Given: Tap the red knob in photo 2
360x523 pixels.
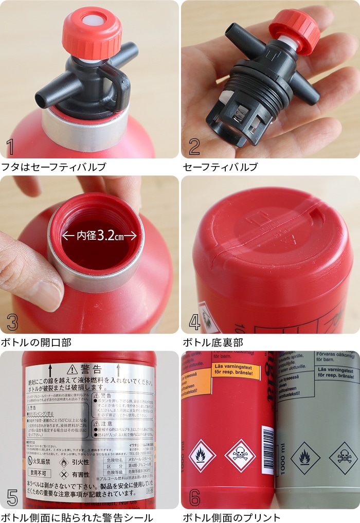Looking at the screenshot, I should (295, 31).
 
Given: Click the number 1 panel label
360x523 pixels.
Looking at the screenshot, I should (10, 147).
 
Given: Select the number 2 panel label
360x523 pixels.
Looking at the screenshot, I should (194, 147).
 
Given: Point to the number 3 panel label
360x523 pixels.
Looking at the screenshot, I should (12, 322).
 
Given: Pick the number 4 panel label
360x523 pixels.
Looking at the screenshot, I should (194, 322).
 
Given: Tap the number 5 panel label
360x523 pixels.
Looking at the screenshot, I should (12, 497).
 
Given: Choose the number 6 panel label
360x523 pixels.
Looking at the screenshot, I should (194, 497).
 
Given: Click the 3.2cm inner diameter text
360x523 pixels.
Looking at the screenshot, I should (100, 236).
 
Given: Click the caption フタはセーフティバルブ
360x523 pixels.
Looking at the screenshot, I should (53, 167).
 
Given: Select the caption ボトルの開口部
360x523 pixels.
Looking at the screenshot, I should (36, 342).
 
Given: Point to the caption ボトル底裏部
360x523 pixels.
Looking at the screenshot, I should (213, 342).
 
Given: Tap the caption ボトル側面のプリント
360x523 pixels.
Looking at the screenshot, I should (231, 517).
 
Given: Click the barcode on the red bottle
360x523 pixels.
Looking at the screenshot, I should (267, 443).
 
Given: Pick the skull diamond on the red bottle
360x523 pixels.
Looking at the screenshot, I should (240, 456).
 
